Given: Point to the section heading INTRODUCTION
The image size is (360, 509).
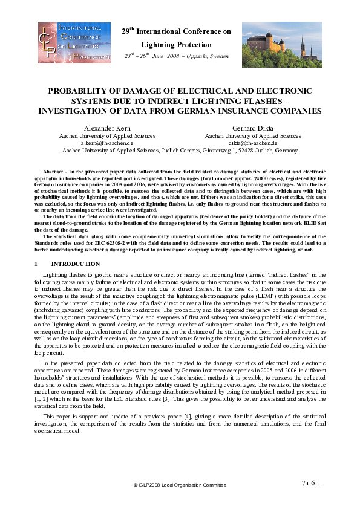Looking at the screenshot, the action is [76, 264].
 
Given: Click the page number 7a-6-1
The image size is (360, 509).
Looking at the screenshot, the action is [312, 483].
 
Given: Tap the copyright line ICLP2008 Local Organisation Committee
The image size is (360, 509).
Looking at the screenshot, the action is [180, 485].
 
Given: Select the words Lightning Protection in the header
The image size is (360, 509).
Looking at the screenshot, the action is [177, 45].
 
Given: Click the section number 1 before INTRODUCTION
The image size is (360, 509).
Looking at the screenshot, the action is [36, 264].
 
